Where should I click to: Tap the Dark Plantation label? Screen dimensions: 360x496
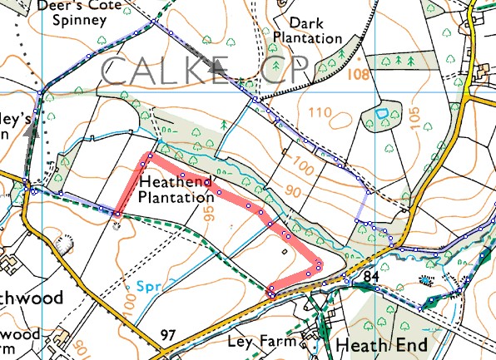(x=308, y=31)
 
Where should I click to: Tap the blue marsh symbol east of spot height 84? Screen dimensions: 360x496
(x=428, y=280)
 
